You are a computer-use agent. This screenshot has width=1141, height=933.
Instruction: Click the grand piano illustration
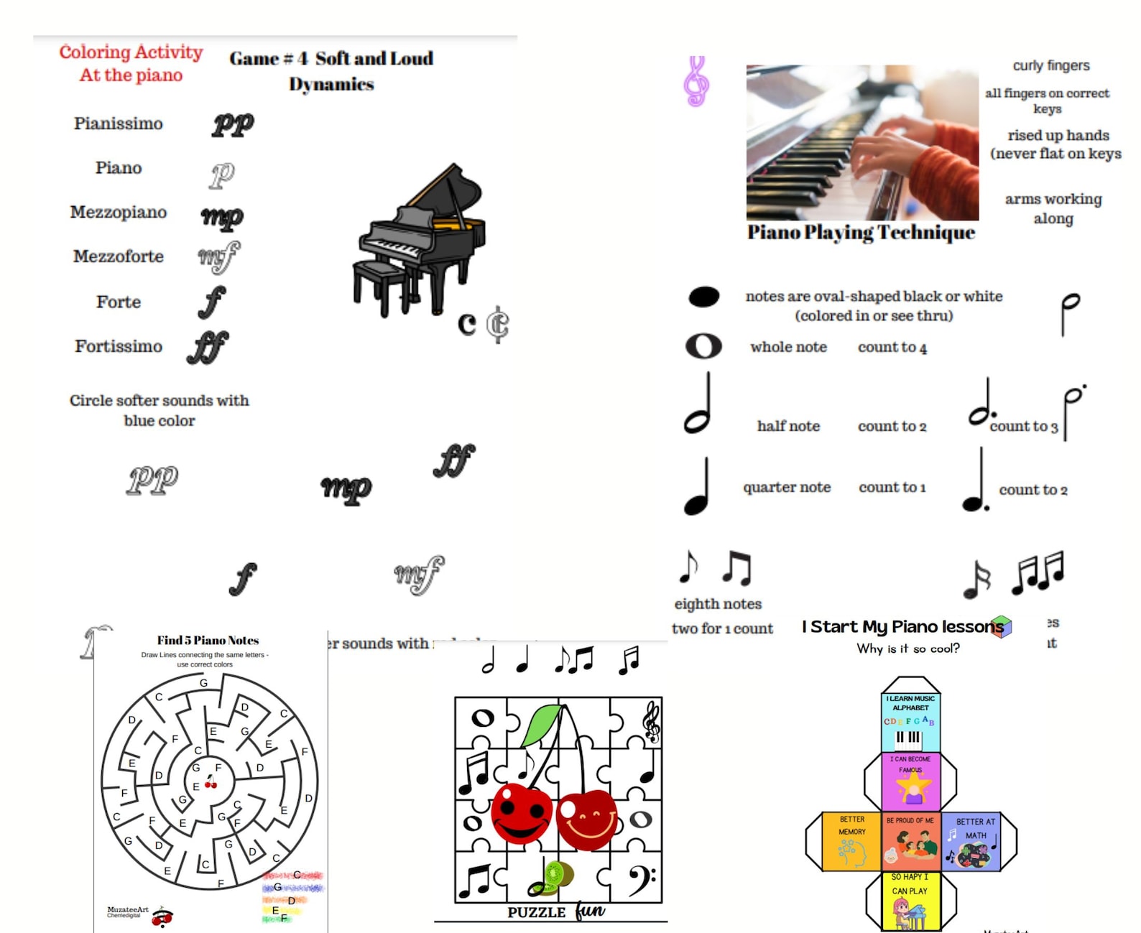[420, 241]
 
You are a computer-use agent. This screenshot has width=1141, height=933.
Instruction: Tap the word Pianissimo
[119, 124]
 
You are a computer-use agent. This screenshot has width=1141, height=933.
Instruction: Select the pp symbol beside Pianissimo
[233, 125]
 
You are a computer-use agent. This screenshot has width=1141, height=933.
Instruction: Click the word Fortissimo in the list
[119, 346]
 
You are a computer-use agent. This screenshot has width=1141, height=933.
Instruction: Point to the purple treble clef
[696, 81]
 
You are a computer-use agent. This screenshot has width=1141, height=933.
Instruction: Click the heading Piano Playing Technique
[861, 233]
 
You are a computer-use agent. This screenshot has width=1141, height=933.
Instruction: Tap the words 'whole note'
[788, 347]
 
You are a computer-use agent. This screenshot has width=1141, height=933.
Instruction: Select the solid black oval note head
[703, 297]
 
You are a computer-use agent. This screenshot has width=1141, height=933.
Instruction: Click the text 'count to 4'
[892, 348]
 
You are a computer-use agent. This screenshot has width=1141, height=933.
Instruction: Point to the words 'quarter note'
[787, 487]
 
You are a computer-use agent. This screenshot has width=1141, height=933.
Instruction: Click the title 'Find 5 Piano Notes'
[208, 640]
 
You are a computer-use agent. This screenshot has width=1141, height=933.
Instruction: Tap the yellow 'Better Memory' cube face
[851, 841]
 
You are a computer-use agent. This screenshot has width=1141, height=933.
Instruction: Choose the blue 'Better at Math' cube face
[974, 841]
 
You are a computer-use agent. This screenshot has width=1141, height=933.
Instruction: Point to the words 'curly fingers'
[1050, 65]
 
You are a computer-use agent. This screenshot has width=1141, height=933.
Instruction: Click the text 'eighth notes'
[718, 604]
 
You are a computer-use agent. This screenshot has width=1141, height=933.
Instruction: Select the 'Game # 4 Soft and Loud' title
[331, 59]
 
